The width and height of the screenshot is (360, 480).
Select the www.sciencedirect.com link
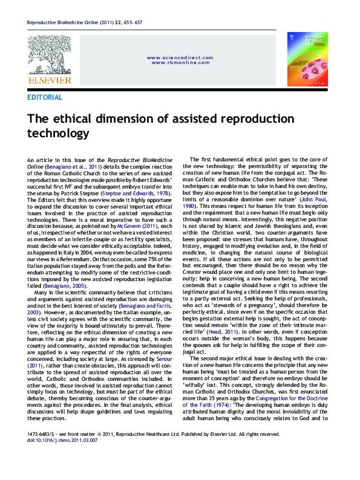[180, 57]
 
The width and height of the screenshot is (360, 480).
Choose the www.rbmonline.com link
[180, 62]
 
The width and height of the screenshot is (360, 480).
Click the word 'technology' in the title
[59, 133]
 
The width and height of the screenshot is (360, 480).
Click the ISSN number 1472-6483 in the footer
[40, 450]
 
